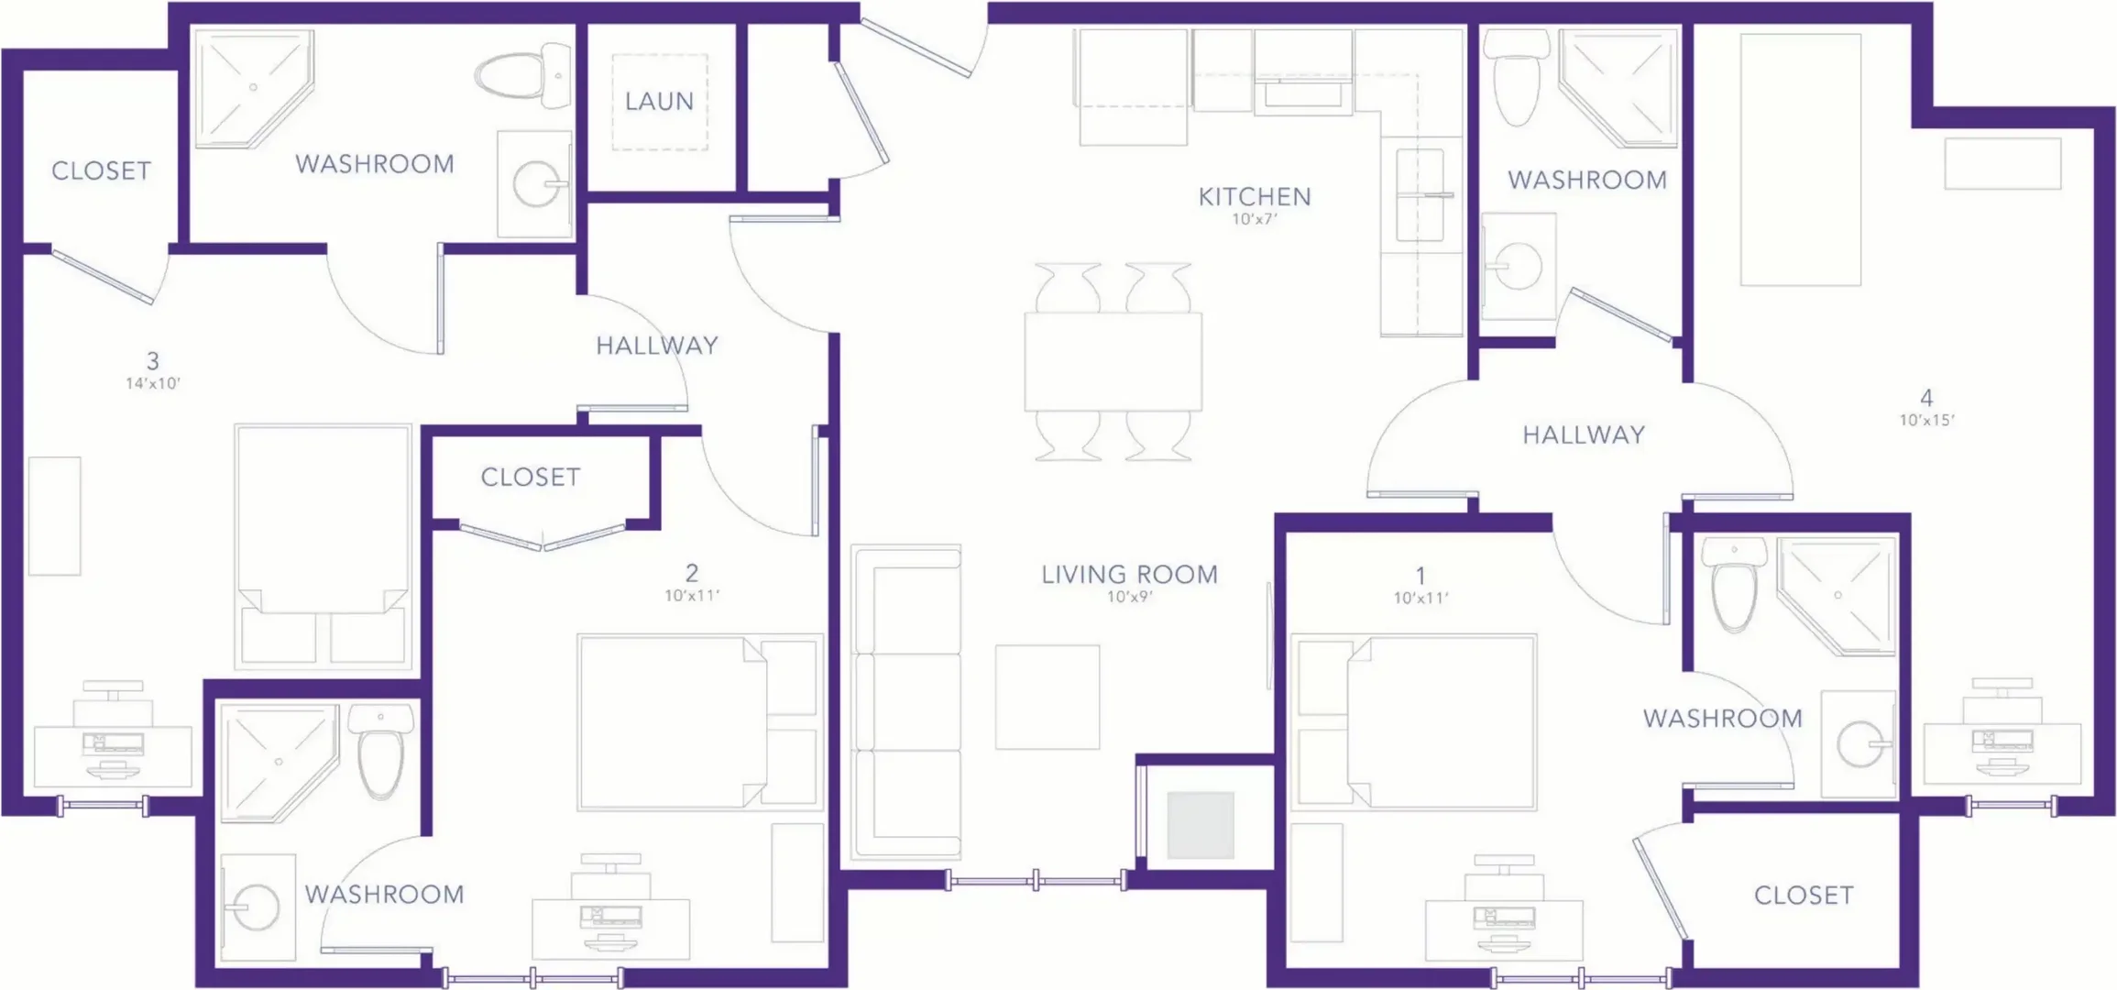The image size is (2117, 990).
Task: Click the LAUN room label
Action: coord(659,101)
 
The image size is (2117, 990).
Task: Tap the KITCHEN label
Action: coord(1255,196)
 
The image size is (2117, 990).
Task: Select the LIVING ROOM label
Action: coord(1129,575)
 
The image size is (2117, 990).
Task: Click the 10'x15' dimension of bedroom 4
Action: coord(1926,421)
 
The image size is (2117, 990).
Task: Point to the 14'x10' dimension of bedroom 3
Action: coord(153,383)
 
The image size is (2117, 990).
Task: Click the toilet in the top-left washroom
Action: coord(522,75)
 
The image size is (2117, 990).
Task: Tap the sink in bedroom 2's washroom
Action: coord(258,907)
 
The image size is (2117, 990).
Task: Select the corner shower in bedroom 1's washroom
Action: coord(1837,596)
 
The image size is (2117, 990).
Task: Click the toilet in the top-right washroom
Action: coord(1516,78)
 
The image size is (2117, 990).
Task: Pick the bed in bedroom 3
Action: coord(323,545)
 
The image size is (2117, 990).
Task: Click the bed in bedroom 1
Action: coord(1413,722)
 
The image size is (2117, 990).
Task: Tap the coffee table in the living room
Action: coord(1048,697)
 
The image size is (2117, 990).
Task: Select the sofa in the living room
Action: coord(905,703)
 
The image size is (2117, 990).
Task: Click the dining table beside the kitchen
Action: coord(1113,361)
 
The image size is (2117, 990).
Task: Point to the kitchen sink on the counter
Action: coord(1420,195)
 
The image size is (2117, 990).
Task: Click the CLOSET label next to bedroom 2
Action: coord(531,477)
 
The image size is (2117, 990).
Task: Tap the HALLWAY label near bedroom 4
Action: coord(1584,434)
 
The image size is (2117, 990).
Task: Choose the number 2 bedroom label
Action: coord(692,573)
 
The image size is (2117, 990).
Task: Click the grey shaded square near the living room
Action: coord(1200,825)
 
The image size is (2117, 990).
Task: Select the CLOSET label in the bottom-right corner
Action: coord(1804,895)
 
